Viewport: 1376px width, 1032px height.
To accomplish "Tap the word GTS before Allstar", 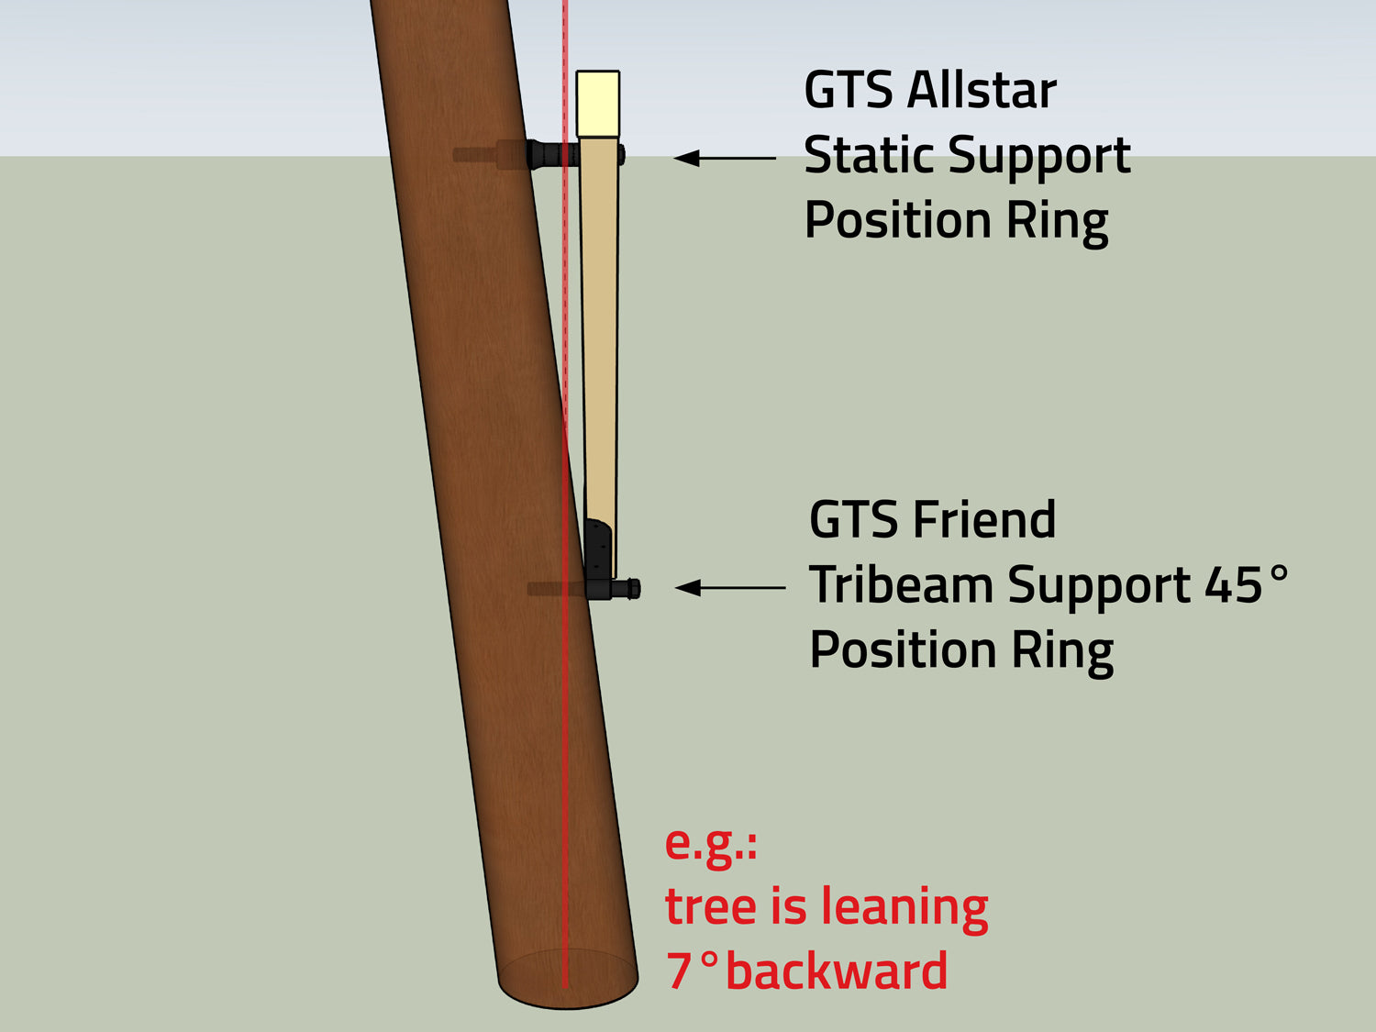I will point(849,90).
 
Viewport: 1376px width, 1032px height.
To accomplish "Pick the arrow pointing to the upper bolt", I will point(725,158).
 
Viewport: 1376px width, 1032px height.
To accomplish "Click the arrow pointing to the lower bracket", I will point(729,587).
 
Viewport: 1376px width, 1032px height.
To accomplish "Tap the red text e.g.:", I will point(711,843).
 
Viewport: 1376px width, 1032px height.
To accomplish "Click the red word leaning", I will point(904,906).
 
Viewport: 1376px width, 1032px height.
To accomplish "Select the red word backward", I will point(836,971).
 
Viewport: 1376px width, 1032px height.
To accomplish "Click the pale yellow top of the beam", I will point(597,104).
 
